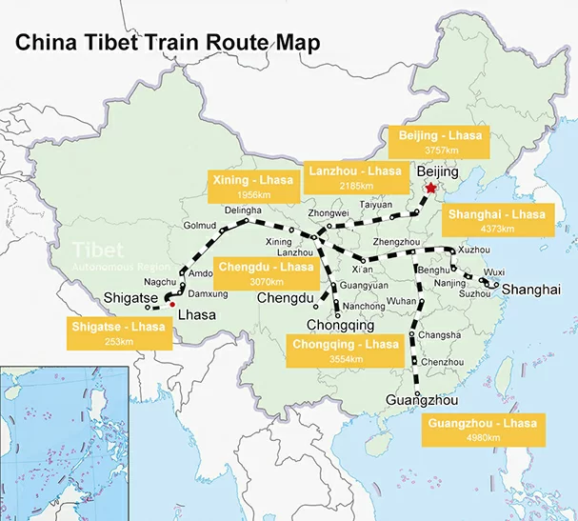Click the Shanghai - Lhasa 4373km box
[x=497, y=221]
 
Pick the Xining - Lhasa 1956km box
[x=249, y=186]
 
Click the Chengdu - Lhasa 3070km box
[x=266, y=273]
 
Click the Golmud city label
[x=200, y=225]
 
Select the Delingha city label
[x=244, y=210]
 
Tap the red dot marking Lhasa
[x=171, y=305]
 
